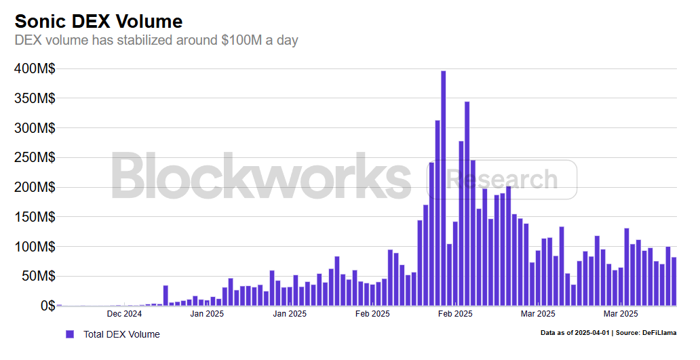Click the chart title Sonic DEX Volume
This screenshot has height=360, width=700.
(x=99, y=21)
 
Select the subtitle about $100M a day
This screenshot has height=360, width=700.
(x=157, y=40)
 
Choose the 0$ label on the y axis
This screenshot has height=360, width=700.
(x=46, y=305)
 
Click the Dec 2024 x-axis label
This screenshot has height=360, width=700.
(x=124, y=314)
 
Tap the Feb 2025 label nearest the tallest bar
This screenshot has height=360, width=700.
(x=455, y=314)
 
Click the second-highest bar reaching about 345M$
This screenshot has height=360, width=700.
(x=467, y=203)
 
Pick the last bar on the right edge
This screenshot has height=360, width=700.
(x=674, y=281)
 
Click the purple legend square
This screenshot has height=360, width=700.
(x=69, y=334)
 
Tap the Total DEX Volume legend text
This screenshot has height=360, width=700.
(x=121, y=334)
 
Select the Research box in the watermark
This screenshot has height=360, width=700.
(x=502, y=180)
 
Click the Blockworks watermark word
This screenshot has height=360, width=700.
(x=261, y=176)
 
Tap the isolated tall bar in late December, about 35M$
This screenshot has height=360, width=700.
(x=166, y=296)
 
